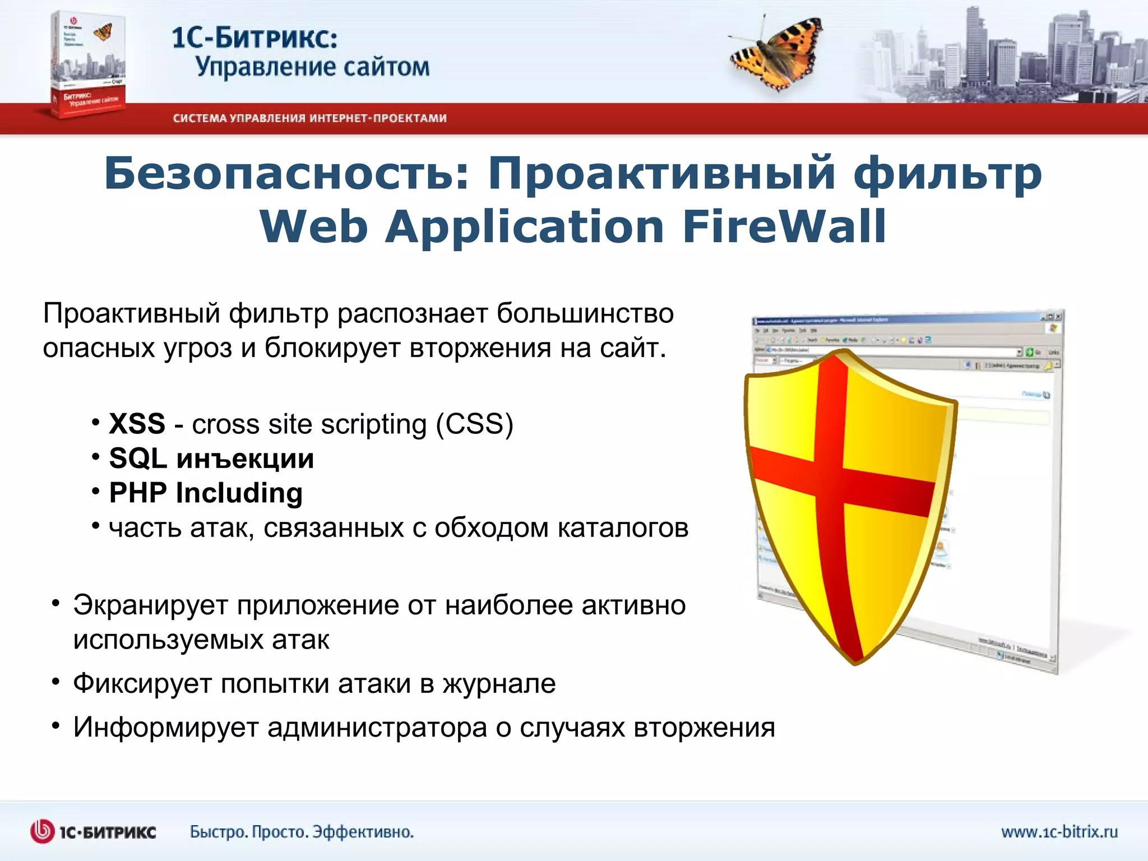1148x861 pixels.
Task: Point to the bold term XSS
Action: (137, 424)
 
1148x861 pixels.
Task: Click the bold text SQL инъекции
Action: (211, 459)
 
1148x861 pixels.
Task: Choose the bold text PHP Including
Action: (206, 493)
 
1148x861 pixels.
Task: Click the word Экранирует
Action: (150, 605)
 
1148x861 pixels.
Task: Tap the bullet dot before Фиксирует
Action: (55, 682)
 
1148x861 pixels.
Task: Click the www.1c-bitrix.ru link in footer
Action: (1059, 832)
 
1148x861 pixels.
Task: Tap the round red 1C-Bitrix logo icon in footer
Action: (42, 831)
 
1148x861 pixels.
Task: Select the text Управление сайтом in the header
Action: (312, 67)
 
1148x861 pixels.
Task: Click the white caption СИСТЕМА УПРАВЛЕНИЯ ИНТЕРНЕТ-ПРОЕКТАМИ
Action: (309, 118)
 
